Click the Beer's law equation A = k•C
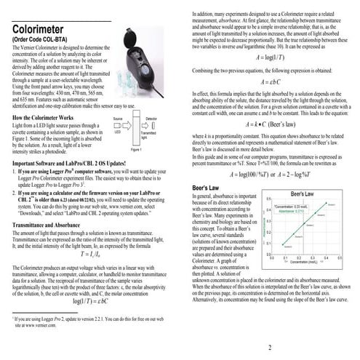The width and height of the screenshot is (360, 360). (273, 125)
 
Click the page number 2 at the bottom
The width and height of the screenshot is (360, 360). (269, 347)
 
